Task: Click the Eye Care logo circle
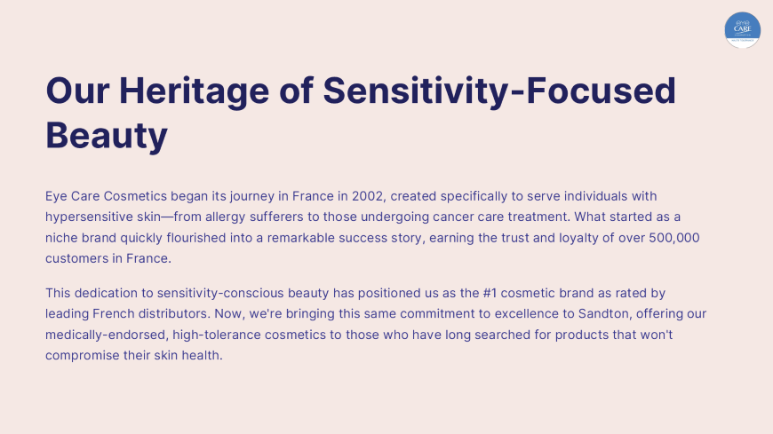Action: [x=743, y=30]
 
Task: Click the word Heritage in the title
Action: [x=194, y=91]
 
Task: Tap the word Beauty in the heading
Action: [x=107, y=136]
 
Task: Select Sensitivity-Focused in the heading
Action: [x=499, y=91]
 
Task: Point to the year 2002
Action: [x=367, y=196]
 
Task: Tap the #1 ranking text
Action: [x=490, y=293]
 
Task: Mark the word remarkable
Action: [x=300, y=238]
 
